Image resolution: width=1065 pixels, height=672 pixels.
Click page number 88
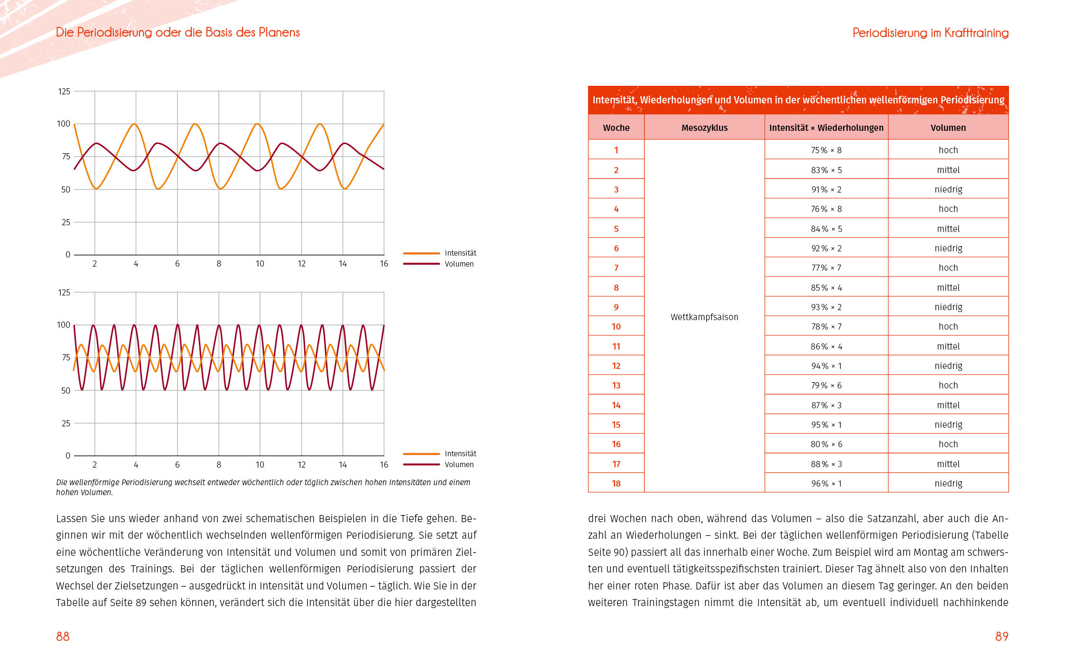click(x=63, y=636)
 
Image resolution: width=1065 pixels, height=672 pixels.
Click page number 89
click(x=1001, y=636)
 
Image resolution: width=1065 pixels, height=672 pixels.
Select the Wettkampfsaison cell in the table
click(x=704, y=317)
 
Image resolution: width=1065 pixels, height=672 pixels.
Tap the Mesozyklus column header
click(x=704, y=128)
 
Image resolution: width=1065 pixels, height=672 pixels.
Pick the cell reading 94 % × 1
click(x=826, y=366)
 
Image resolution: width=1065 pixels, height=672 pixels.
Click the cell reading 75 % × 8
click(x=826, y=150)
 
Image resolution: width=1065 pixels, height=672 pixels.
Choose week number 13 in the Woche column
click(x=616, y=386)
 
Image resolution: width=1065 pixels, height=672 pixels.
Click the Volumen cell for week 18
click(x=948, y=484)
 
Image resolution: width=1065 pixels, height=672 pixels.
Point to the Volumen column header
click(x=948, y=128)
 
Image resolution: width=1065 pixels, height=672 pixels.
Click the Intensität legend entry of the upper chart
click(x=460, y=253)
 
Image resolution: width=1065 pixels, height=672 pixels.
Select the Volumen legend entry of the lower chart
click(x=459, y=465)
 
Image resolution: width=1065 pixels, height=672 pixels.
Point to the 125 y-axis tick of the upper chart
click(x=64, y=92)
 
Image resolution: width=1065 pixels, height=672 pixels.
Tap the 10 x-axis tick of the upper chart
click(x=260, y=264)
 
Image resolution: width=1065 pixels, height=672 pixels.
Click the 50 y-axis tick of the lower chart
click(x=66, y=391)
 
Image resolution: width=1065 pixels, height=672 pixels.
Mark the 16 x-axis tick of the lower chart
click(x=384, y=465)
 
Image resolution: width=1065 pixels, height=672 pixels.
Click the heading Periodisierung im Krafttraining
click(x=930, y=33)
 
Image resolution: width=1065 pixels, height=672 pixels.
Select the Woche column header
click(x=616, y=128)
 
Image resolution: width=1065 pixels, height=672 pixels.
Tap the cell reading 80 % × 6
click(x=826, y=444)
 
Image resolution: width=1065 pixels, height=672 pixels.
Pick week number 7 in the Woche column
click(x=616, y=268)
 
